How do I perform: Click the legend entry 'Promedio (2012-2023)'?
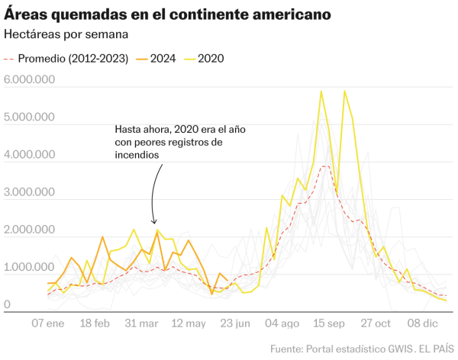point(66,59)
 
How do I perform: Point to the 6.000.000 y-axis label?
point(28,80)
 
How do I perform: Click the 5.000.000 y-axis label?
point(28,117)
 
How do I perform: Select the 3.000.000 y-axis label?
point(28,192)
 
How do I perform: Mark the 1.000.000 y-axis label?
point(28,268)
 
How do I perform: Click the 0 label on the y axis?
point(7,305)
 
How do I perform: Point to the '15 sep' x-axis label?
point(330,323)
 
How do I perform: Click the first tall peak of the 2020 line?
point(321,92)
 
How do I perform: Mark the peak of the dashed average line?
point(324,166)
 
